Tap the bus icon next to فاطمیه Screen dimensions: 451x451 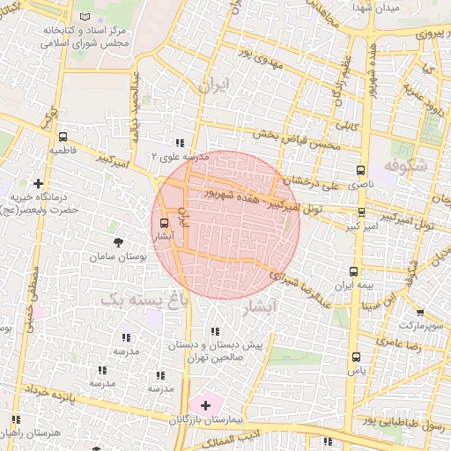63,137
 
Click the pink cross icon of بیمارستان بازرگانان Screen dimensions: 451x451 205,405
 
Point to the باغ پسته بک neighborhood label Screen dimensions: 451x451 144,299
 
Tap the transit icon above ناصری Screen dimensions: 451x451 359,171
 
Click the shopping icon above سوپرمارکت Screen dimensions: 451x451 419,312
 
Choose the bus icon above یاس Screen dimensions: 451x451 356,358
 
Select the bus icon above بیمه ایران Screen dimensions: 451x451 353,272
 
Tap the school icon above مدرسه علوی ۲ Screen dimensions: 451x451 180,143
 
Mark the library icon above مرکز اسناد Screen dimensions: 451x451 85,18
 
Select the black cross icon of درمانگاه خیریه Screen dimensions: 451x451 38,183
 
